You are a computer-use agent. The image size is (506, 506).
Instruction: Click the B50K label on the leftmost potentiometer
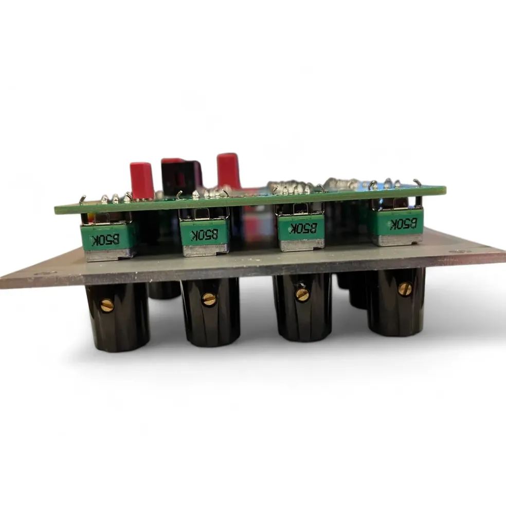pos(105,240)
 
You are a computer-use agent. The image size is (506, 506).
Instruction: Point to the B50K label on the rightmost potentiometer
pos(403,223)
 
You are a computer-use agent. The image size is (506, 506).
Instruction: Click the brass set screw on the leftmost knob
pos(107,305)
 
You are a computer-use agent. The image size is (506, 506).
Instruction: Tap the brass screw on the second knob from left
pos(208,299)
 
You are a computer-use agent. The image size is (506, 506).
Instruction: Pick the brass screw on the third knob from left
pos(302,294)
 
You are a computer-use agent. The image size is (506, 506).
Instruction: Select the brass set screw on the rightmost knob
pos(405,288)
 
